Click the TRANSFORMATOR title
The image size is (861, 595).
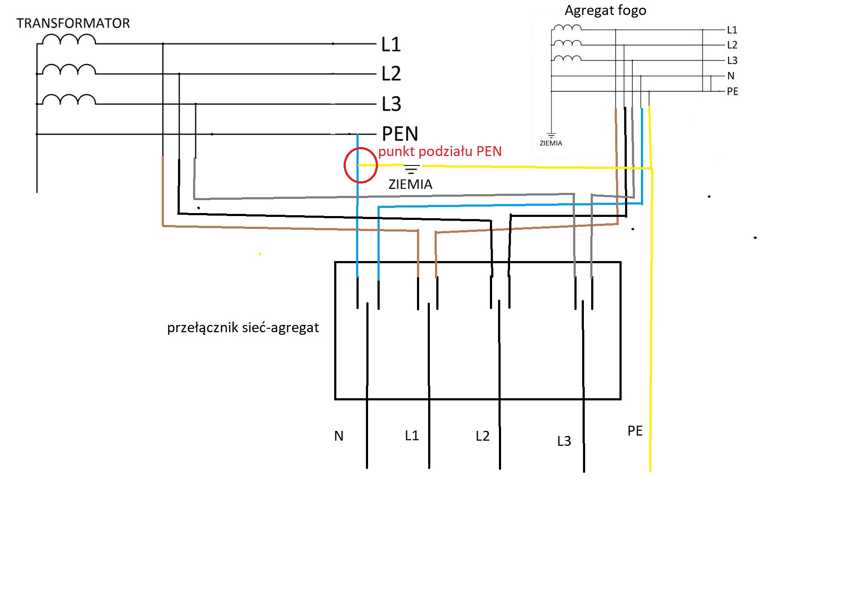(x=73, y=23)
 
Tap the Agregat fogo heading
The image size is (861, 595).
(x=605, y=10)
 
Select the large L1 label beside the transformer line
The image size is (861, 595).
(x=391, y=45)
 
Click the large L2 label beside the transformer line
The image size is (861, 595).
(x=391, y=74)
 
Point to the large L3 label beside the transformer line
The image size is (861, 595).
(x=391, y=104)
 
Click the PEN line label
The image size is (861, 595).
(x=400, y=134)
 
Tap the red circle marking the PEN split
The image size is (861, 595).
(x=360, y=165)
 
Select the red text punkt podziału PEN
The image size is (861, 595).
(x=440, y=151)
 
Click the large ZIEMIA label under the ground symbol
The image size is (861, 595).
(x=410, y=184)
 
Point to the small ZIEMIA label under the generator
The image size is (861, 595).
(x=550, y=143)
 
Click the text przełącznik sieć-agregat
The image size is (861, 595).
(x=243, y=328)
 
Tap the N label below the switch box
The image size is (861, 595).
(x=339, y=436)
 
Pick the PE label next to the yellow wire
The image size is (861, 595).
(x=635, y=431)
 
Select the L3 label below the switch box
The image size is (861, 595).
(x=564, y=441)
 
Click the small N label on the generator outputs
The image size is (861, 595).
(x=731, y=76)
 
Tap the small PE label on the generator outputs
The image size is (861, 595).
(x=732, y=91)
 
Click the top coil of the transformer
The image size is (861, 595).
(x=69, y=40)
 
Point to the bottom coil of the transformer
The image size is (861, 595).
(x=69, y=100)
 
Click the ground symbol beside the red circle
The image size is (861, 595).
(x=411, y=169)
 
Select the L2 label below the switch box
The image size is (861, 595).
(x=483, y=436)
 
